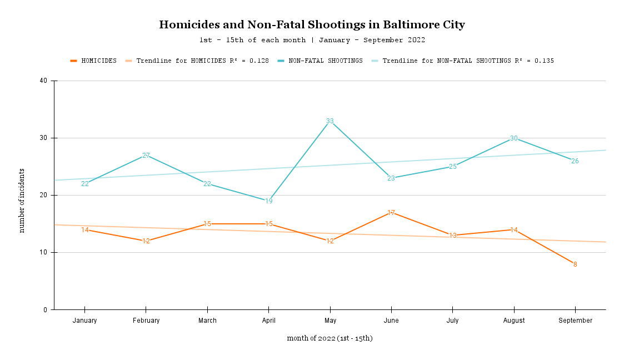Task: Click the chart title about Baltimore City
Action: (312, 25)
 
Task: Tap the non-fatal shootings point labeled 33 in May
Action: (330, 121)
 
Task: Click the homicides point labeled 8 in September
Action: (575, 264)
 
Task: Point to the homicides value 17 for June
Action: (391, 213)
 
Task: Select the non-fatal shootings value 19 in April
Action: (269, 201)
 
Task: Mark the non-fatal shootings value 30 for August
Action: (514, 138)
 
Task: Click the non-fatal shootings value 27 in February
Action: (146, 156)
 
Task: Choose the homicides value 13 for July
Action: (453, 236)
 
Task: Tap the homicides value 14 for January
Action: (85, 230)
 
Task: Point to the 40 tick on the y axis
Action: (44, 81)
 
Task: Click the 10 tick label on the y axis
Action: (44, 253)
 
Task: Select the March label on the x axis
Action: (207, 321)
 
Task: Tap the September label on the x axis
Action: (575, 321)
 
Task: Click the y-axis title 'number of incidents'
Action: (22, 201)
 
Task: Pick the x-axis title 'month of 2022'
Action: (330, 338)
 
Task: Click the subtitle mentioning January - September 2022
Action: (312, 40)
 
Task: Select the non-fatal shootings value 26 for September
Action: (575, 161)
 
